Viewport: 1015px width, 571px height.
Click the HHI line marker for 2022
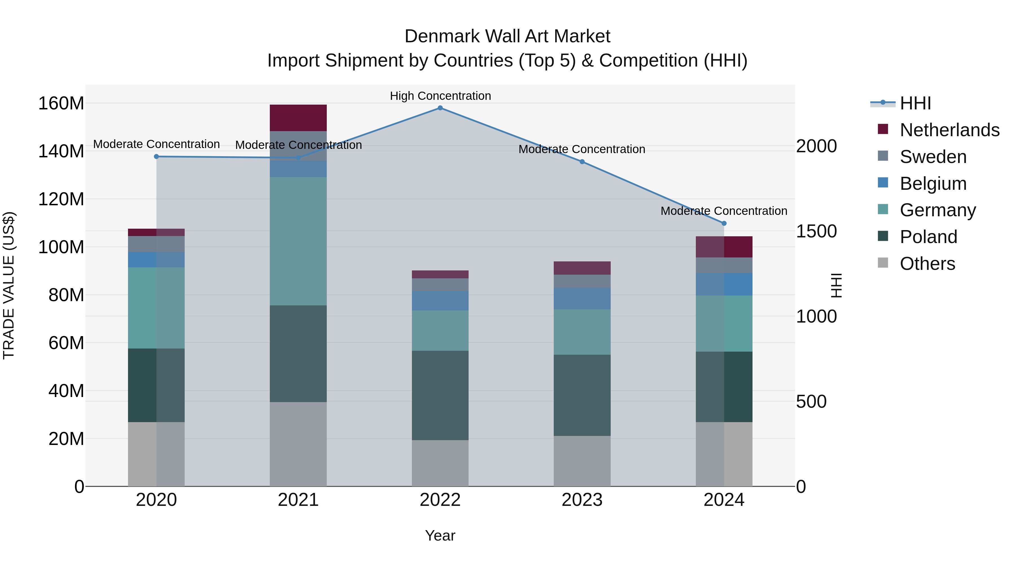(x=440, y=108)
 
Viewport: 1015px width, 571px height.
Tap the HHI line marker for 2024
(x=724, y=223)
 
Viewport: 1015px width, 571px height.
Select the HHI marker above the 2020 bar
(x=156, y=156)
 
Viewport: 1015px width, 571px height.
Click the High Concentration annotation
(x=440, y=96)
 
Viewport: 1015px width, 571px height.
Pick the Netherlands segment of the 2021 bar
(x=298, y=118)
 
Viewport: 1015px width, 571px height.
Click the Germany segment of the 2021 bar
(x=298, y=241)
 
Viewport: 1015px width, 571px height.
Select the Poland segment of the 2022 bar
(x=440, y=395)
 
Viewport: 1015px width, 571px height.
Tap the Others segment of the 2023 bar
(x=582, y=461)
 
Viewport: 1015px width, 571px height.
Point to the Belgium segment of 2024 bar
(x=724, y=284)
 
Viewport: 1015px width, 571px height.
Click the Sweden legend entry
(x=933, y=157)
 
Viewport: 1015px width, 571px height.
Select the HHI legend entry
(x=915, y=103)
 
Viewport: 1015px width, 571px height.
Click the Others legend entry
(x=927, y=264)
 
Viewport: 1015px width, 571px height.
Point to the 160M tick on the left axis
(x=61, y=104)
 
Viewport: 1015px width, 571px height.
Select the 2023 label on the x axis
(x=582, y=500)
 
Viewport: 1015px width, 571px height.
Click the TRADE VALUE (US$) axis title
(x=9, y=285)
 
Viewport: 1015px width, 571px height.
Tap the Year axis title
(x=440, y=535)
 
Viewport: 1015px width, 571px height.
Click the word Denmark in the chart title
(x=442, y=36)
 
